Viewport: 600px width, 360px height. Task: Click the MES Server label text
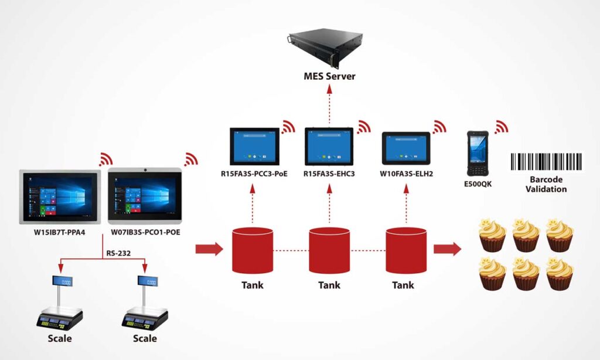[329, 76]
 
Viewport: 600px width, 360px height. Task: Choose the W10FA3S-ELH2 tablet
[406, 148]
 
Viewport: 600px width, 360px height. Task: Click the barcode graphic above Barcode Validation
[546, 162]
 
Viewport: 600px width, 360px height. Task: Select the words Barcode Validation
[546, 185]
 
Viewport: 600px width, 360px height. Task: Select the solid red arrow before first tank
[209, 249]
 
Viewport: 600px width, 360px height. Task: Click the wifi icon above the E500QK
[502, 127]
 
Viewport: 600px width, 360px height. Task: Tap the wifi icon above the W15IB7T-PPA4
[106, 159]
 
